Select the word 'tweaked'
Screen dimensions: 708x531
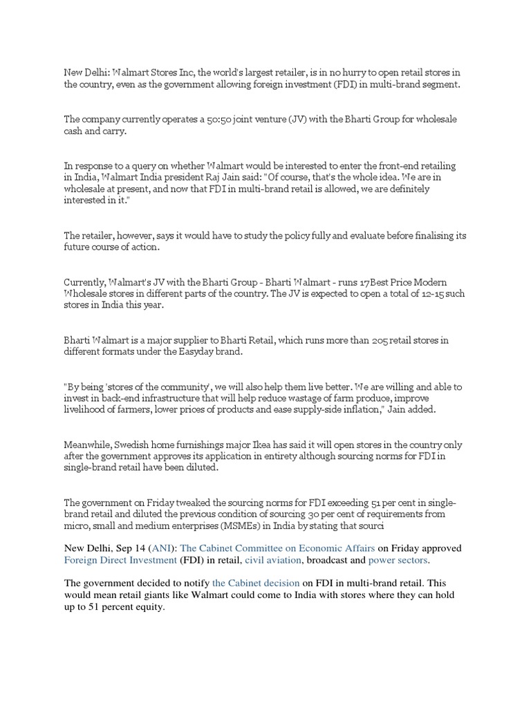point(194,503)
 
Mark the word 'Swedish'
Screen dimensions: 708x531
point(145,443)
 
